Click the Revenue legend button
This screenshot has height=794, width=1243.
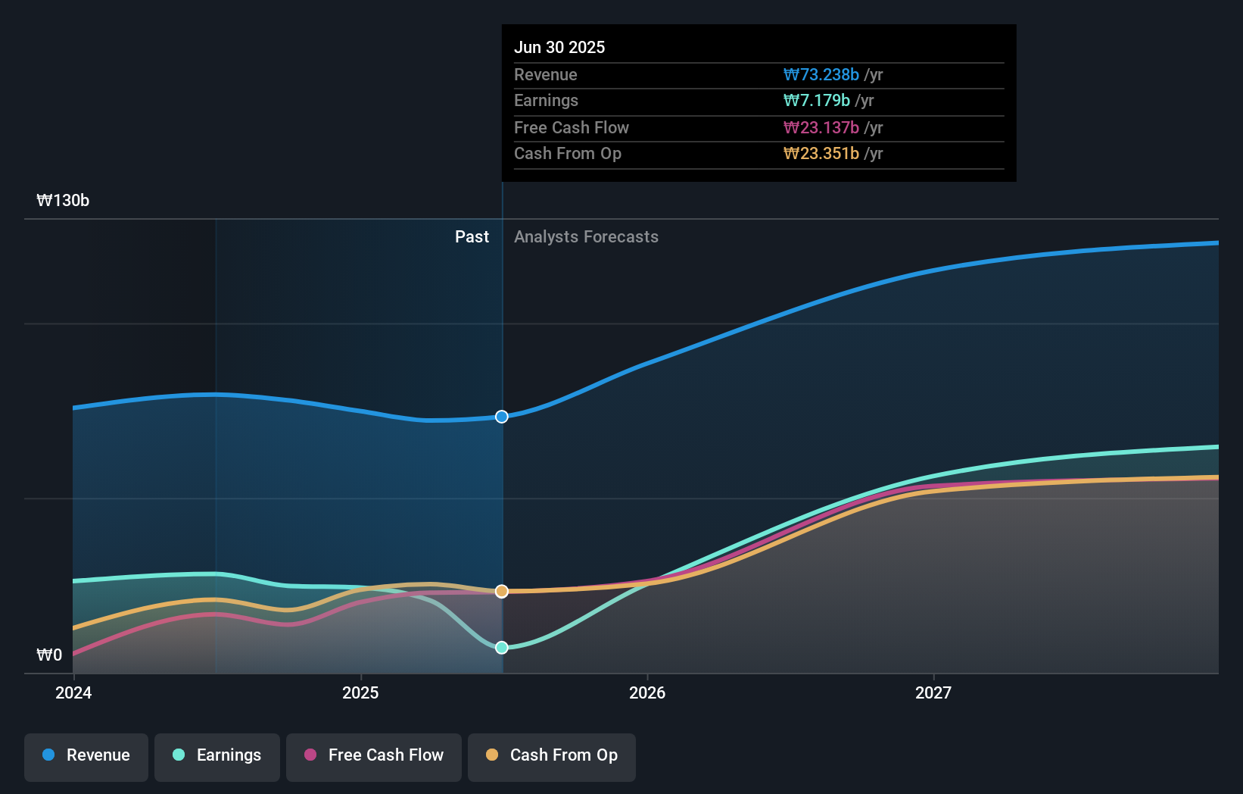click(x=86, y=756)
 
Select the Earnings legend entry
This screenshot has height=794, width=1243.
click(x=217, y=756)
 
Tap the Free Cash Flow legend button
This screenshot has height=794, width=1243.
click(x=374, y=756)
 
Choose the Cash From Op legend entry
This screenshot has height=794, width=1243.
click(x=552, y=756)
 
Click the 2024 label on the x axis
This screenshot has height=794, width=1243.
click(x=73, y=693)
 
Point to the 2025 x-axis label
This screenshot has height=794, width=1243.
click(x=360, y=693)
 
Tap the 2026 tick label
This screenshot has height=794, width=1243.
click(x=647, y=693)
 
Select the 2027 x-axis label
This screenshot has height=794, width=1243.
click(x=933, y=693)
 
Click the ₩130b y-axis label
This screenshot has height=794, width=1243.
click(x=63, y=201)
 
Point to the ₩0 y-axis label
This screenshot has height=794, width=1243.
click(x=49, y=655)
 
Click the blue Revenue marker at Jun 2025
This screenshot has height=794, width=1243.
click(x=502, y=417)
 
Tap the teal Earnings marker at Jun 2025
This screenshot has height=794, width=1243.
click(x=502, y=648)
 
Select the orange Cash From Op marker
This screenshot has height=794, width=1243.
click(x=502, y=591)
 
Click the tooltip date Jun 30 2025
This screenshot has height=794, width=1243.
click(x=559, y=48)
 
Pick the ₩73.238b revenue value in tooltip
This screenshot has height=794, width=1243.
click(x=821, y=75)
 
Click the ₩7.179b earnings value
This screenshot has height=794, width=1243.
click(x=817, y=101)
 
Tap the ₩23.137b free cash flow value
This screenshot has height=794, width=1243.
click(x=821, y=128)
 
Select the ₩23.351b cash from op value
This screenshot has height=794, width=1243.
click(x=821, y=154)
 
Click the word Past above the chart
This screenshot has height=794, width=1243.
click(x=472, y=237)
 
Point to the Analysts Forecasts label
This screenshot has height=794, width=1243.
click(x=586, y=237)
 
